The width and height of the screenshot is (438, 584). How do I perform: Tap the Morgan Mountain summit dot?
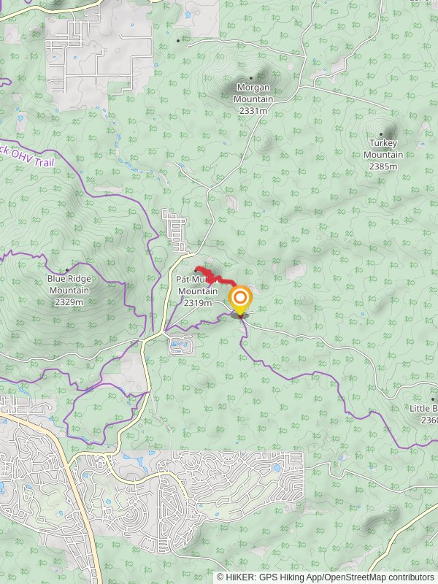(x=252, y=77)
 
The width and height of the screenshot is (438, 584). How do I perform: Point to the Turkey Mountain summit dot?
(x=381, y=134)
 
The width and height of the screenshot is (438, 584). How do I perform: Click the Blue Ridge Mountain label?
(x=69, y=284)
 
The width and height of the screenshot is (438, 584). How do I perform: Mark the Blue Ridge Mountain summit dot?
(x=67, y=270)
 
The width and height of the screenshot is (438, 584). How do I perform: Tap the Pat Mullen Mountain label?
(x=197, y=286)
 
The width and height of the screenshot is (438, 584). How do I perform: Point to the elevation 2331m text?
(x=253, y=111)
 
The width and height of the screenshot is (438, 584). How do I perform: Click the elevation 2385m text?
(x=383, y=166)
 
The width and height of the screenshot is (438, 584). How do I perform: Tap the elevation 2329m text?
(x=69, y=302)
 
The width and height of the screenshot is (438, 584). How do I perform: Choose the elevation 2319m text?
(x=197, y=303)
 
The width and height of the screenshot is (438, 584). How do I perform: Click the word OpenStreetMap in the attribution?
(x=358, y=577)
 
